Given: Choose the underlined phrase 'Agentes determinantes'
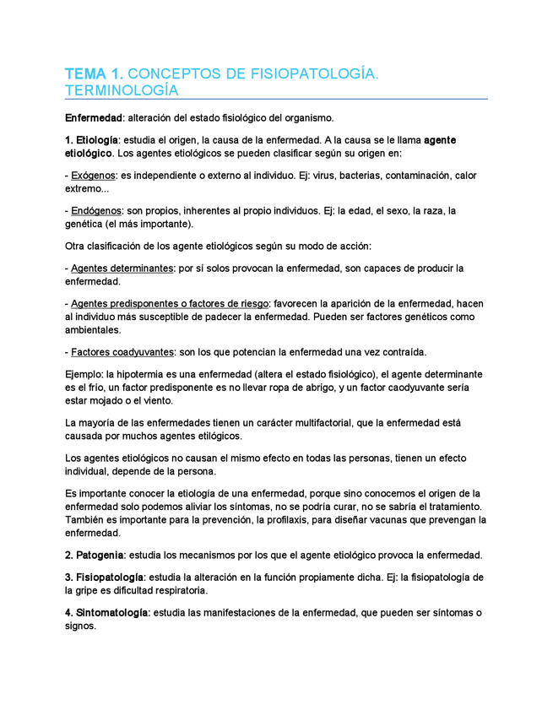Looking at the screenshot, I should pos(120,268).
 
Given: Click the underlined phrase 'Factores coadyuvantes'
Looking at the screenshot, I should pos(121,351).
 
